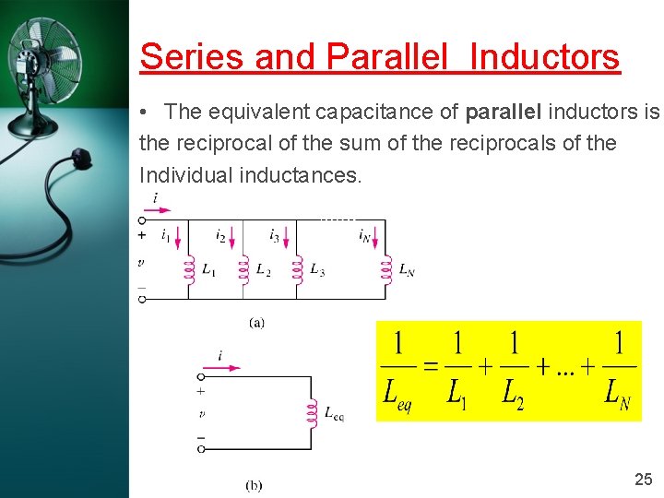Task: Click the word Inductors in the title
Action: pyautogui.click(x=545, y=57)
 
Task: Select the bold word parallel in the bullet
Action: pyautogui.click(x=505, y=113)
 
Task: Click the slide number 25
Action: pyautogui.click(x=644, y=479)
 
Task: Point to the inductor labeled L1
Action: pyautogui.click(x=188, y=268)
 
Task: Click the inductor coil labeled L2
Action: pyautogui.click(x=243, y=268)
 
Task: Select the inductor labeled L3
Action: pyautogui.click(x=297, y=268)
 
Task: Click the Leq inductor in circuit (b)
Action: pyautogui.click(x=311, y=413)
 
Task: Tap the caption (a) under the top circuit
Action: pyautogui.click(x=257, y=322)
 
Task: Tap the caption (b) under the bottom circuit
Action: pyautogui.click(x=255, y=485)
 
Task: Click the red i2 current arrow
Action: pyautogui.click(x=232, y=243)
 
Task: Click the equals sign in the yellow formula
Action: pyautogui.click(x=430, y=365)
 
